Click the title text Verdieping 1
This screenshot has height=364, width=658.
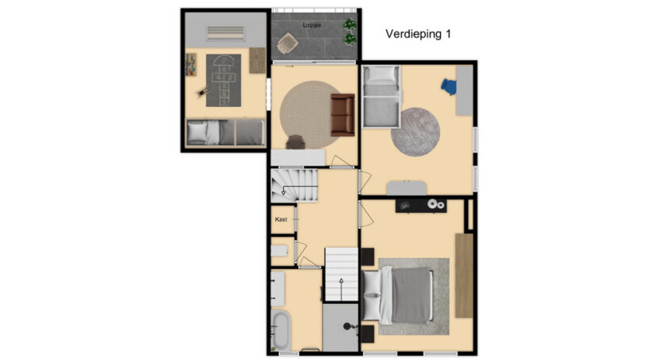click(418, 34)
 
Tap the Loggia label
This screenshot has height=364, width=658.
click(312, 25)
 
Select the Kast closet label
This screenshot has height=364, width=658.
click(281, 219)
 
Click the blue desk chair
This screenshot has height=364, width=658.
click(448, 87)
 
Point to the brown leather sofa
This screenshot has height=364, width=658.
click(342, 116)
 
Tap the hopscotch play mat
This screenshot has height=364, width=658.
click(224, 81)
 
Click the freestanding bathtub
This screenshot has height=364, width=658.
click(281, 331)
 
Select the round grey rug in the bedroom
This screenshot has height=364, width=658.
click(415, 132)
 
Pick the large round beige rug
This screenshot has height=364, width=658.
click(310, 115)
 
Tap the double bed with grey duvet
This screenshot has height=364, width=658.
click(397, 296)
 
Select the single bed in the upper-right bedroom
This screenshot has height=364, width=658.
click(381, 97)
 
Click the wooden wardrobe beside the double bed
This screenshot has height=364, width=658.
click(464, 275)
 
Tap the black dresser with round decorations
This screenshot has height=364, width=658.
click(421, 205)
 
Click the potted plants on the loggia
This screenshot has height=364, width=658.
click(350, 32)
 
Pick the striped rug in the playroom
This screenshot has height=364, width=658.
click(225, 33)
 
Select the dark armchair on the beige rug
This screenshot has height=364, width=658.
click(296, 142)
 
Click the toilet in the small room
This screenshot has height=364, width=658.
click(280, 251)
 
